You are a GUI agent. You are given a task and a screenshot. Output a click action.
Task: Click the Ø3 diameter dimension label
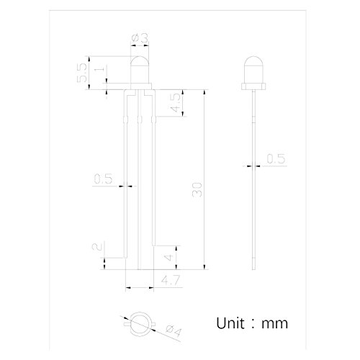(x=140, y=38)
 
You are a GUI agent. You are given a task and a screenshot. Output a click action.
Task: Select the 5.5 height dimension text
(x=81, y=73)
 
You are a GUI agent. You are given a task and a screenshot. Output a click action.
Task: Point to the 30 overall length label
(x=197, y=190)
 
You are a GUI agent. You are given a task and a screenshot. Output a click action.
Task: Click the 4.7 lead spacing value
(x=171, y=280)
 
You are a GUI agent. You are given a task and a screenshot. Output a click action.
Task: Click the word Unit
(x=230, y=323)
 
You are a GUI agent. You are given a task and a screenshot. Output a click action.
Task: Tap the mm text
(x=274, y=324)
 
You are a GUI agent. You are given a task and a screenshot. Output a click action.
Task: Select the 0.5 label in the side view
(x=276, y=159)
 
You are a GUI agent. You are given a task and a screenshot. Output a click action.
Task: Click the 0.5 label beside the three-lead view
(x=103, y=179)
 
